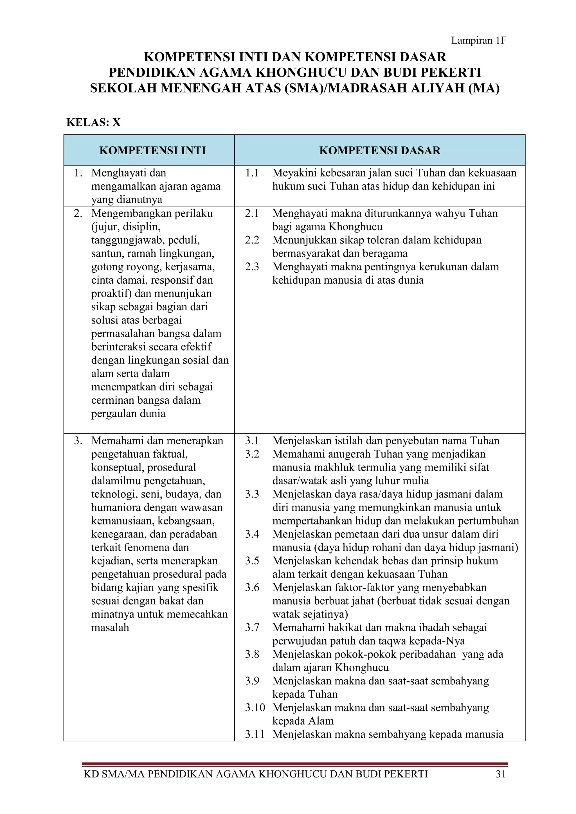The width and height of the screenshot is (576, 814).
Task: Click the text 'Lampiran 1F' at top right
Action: [478, 41]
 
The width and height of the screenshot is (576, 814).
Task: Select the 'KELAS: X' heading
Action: [94, 122]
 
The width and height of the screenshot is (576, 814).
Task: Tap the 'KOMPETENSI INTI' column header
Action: [152, 150]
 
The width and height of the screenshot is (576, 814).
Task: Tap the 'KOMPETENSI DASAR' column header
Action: [379, 150]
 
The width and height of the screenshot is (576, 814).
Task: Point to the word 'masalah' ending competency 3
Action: [110, 628]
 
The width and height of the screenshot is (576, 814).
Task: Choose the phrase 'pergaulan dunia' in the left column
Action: [129, 413]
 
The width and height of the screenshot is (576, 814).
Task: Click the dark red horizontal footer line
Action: [295, 764]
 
